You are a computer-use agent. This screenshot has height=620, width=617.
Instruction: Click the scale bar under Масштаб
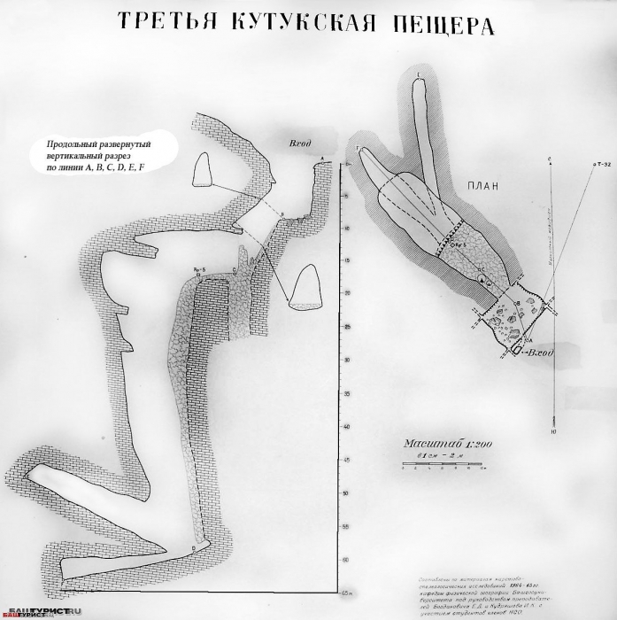[x=440, y=463]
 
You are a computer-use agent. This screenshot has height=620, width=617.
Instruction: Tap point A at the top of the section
[x=322, y=158]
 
